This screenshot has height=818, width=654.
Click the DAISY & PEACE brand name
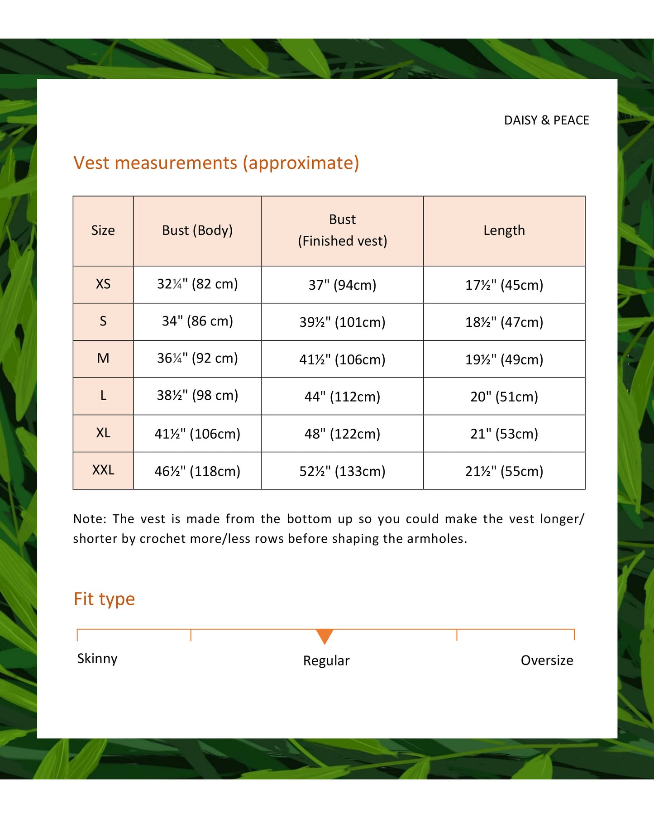[x=546, y=120]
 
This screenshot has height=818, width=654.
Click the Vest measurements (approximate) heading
[x=216, y=163]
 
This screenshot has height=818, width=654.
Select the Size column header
[x=103, y=230]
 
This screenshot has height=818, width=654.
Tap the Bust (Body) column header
[x=197, y=230]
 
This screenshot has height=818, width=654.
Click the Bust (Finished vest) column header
[x=342, y=230]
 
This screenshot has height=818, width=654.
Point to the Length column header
[x=504, y=230]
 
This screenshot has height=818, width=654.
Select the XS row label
[x=103, y=284]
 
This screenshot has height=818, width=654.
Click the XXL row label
[x=103, y=470]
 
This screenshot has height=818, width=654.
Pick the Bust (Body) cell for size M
[x=197, y=359]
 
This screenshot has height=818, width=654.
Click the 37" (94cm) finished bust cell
[x=342, y=285]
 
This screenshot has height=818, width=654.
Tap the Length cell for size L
[x=504, y=397]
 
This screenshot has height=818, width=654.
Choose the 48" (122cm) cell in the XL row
[x=342, y=434]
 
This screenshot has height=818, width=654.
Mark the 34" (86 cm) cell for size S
[x=197, y=321]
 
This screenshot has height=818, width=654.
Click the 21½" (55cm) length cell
[x=504, y=471]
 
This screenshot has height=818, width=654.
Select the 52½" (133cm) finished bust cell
[x=342, y=471]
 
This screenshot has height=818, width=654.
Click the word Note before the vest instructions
[x=89, y=519]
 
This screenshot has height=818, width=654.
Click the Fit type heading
[x=104, y=599]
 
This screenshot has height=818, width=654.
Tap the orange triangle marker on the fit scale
[x=325, y=636]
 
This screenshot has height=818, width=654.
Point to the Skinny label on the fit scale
[x=97, y=659]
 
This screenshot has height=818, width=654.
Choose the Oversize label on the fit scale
[x=547, y=660]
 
